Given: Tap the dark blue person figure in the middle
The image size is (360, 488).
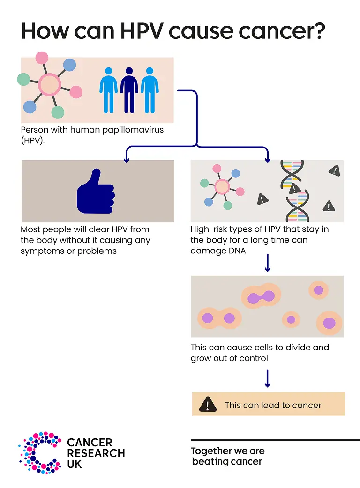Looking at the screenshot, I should (129, 90).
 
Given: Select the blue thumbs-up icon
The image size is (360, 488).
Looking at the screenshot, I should (96, 192).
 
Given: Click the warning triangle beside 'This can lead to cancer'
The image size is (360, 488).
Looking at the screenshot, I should (208, 404).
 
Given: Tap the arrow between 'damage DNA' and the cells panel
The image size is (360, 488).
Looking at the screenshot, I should (268, 263).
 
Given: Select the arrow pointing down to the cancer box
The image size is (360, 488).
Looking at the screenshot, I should (268, 378).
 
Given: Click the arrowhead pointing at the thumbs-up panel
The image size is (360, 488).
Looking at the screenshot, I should (126, 159).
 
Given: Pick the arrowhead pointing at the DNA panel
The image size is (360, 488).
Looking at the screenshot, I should (268, 159).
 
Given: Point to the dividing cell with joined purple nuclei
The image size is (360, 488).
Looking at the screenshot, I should (261, 296).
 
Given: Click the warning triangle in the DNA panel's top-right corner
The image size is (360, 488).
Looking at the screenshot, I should (334, 170).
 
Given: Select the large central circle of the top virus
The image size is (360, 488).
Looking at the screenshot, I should (49, 85).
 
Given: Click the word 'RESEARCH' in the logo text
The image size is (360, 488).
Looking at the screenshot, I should (96, 453).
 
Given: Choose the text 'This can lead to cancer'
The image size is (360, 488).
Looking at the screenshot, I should (273, 405).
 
